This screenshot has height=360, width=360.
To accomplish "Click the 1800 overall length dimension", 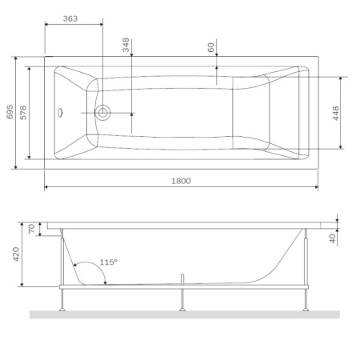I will pyautogui.click(x=180, y=181).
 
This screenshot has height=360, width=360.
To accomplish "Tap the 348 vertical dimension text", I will pyautogui.click(x=126, y=45).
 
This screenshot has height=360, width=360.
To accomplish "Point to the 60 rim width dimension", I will pyautogui.click(x=211, y=47).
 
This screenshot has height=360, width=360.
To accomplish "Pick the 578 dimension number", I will pyautogui.click(x=23, y=113).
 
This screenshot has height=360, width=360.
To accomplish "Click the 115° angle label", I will pyautogui.click(x=109, y=262).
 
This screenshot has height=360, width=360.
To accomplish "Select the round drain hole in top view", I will pyautogui.click(x=103, y=113).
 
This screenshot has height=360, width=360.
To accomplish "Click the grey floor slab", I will pyautogui.click(x=184, y=314).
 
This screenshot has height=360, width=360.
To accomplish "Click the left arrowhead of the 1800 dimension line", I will pyautogui.click(x=46, y=188).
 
